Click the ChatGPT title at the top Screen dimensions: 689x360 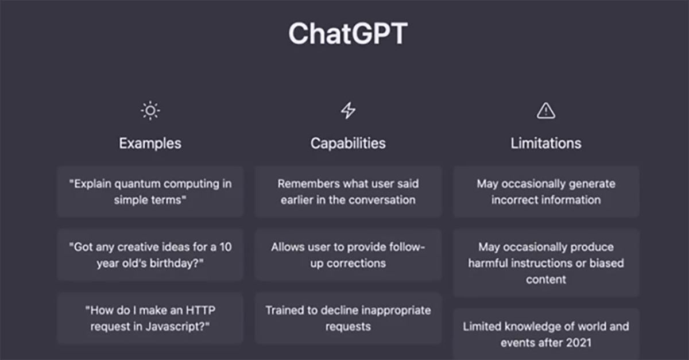[348, 33]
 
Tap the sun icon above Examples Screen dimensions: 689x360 [150, 110]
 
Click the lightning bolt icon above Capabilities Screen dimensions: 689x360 [348, 110]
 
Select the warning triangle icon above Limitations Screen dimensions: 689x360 [546, 111]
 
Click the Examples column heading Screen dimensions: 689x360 [150, 144]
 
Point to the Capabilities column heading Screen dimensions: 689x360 [348, 144]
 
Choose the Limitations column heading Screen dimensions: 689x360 [546, 144]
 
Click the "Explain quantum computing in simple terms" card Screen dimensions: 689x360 [150, 192]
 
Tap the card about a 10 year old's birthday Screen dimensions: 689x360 [150, 255]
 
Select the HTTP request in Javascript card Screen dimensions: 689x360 [150, 318]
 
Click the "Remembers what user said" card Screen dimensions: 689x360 [348, 192]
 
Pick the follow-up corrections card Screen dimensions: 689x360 [348, 255]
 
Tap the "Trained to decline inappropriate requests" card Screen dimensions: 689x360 [348, 318]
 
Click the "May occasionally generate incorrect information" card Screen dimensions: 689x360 [546, 192]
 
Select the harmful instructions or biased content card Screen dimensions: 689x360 [546, 263]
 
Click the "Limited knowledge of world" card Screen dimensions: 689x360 [546, 334]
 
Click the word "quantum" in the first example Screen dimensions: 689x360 [137, 184]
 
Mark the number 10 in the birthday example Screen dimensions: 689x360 [226, 247]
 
